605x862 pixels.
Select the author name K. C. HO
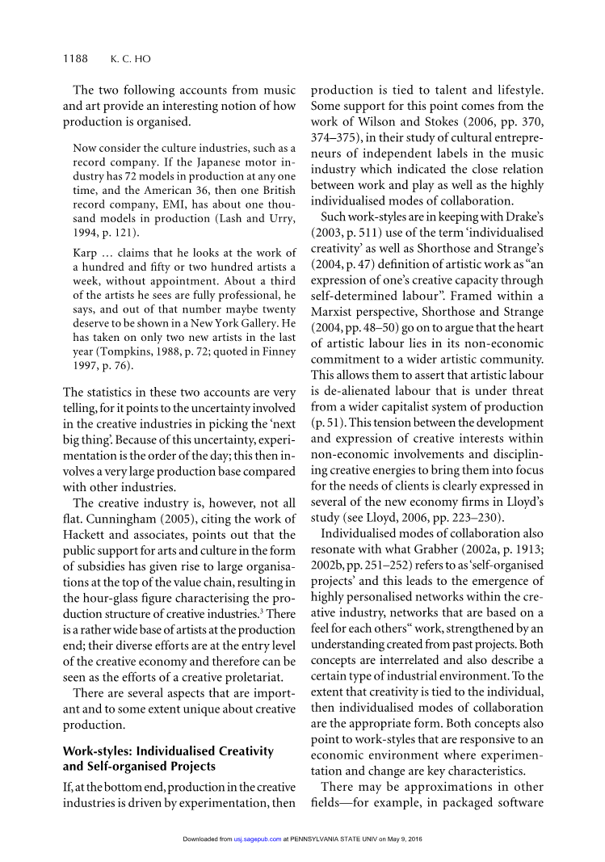(130, 58)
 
